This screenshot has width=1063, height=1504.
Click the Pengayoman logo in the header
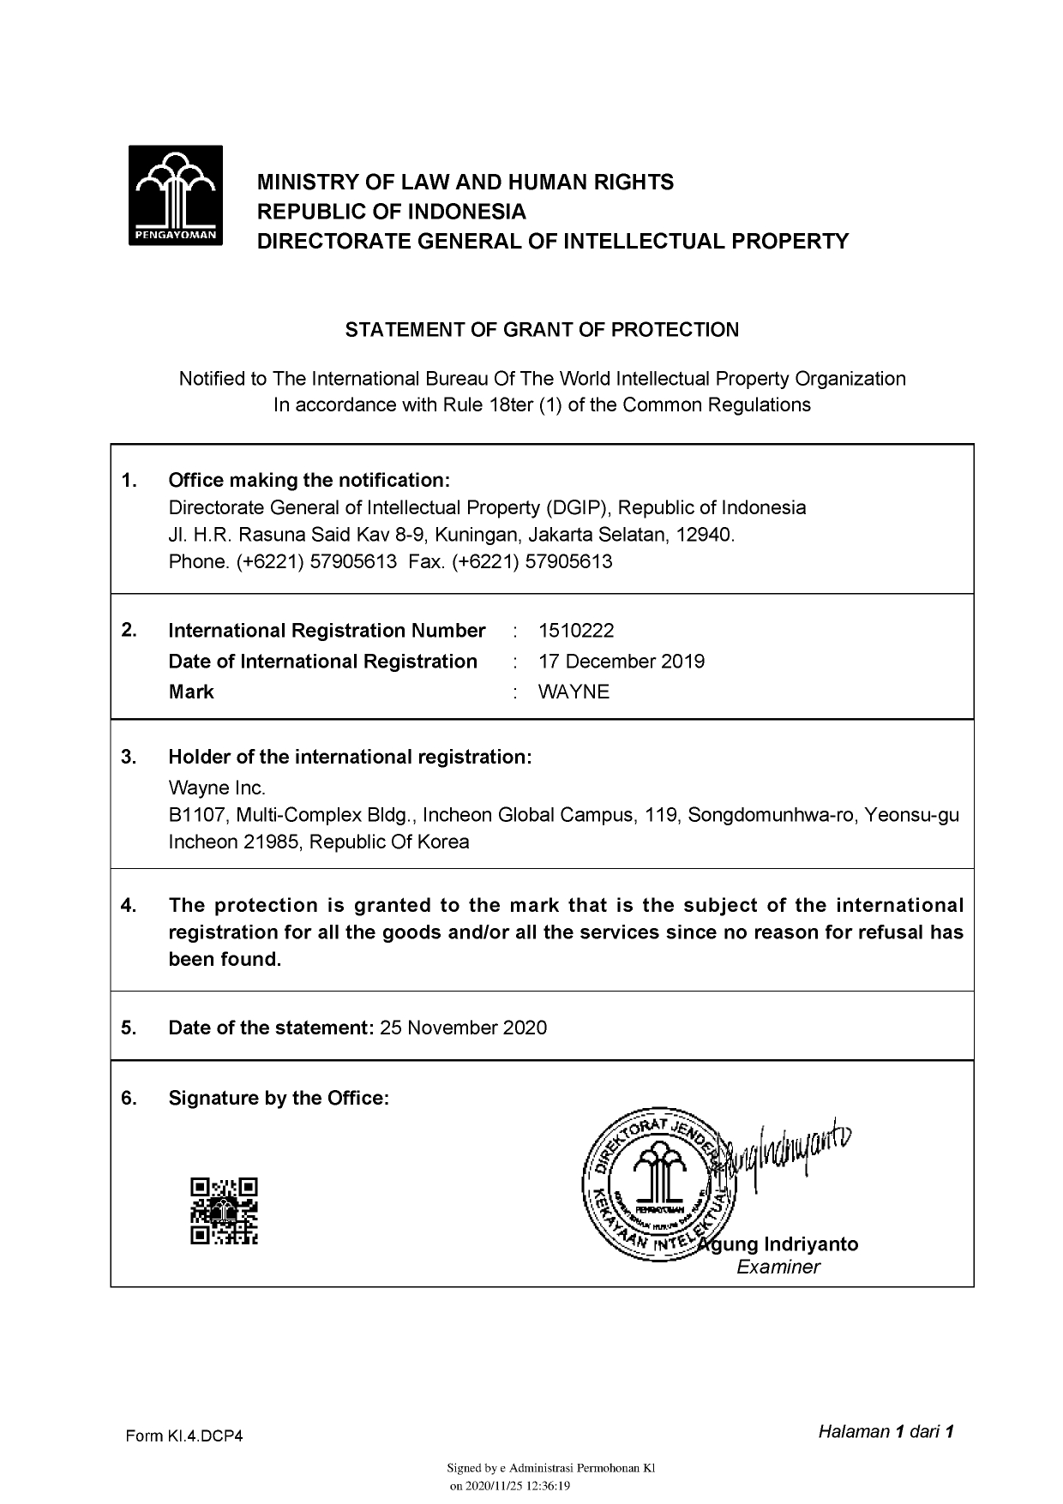click(176, 195)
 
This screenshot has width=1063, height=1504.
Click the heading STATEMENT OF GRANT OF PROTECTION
click(542, 330)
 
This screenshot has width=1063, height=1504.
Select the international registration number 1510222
click(576, 631)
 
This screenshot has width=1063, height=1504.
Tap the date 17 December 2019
click(622, 662)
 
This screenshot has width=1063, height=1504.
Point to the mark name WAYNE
click(574, 692)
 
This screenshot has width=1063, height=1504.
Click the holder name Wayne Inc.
click(217, 788)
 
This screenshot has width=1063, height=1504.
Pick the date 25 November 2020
click(463, 1028)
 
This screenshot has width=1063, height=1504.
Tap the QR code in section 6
click(224, 1211)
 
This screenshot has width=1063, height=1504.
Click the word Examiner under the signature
click(778, 1267)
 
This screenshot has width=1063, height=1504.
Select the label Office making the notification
click(309, 480)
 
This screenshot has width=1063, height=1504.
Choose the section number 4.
click(129, 906)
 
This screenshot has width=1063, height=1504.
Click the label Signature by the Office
click(279, 1099)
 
